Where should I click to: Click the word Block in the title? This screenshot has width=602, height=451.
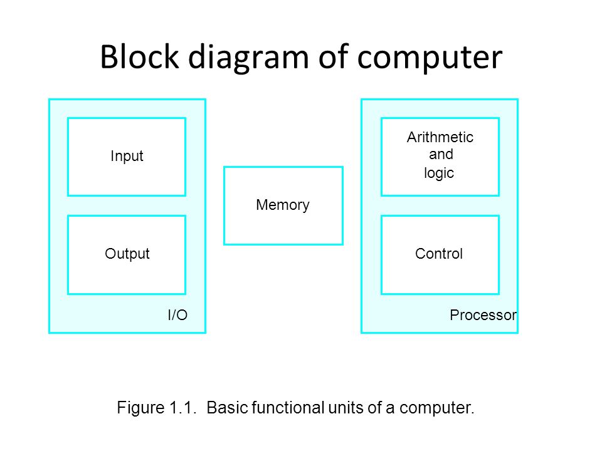tap(140, 57)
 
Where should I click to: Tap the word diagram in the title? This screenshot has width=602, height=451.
tap(248, 59)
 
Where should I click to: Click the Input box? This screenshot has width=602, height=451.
tap(127, 157)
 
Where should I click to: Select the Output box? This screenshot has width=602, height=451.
tap(127, 255)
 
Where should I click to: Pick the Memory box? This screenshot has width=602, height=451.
tap(283, 205)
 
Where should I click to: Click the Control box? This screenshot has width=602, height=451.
tap(440, 255)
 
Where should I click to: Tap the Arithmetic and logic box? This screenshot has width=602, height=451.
tap(440, 157)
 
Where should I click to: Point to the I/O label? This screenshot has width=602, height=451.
tap(177, 315)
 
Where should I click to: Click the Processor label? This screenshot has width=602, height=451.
tap(483, 315)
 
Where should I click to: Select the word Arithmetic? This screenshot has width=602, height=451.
tap(440, 137)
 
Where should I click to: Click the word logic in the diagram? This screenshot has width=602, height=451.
tap(439, 173)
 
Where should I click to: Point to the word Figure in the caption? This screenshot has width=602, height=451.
tap(140, 408)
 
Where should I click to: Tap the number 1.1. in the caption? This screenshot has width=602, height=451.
tap(182, 407)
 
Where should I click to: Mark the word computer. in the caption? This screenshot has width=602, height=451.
tap(436, 408)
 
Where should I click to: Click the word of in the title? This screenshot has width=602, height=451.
tap(333, 57)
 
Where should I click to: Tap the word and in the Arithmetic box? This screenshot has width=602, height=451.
tap(441, 154)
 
